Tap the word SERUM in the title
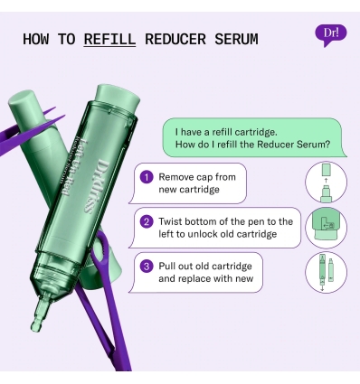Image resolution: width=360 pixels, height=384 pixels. pos(233,39)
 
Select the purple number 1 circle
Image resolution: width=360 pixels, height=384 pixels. pos(146,176)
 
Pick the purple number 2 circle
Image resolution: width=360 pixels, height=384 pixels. pos(146,220)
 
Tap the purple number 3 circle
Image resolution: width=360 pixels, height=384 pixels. pos(146,266)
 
